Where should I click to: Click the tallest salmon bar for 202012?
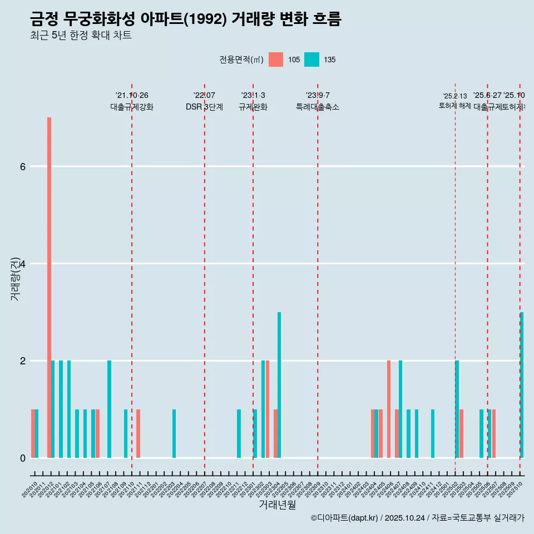click(49, 287)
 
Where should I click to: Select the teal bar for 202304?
click(279, 385)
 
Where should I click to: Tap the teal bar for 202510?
click(522, 385)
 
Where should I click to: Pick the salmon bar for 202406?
click(389, 409)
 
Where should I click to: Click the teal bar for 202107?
click(110, 409)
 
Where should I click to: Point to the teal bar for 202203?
click(174, 433)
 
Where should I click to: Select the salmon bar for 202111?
click(138, 433)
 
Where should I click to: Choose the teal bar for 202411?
click(433, 433)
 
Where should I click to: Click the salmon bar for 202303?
click(268, 409)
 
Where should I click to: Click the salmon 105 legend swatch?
click(276, 60)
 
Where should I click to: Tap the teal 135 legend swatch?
click(311, 60)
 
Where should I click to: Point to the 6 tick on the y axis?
click(22, 166)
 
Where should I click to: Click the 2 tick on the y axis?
click(22, 360)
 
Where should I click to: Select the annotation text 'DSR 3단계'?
click(204, 107)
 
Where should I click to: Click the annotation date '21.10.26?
click(132, 95)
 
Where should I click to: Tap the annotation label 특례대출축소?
click(317, 107)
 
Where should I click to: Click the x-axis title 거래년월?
click(277, 505)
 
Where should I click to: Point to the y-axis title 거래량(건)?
click(15, 278)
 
